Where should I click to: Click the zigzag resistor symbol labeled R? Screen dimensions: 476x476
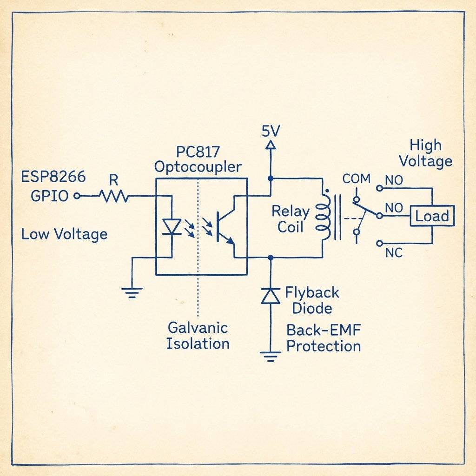click(x=114, y=197)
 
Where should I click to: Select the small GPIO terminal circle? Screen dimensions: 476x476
click(x=78, y=196)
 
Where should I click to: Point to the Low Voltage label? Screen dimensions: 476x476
click(x=64, y=234)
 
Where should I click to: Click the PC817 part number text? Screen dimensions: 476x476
click(x=198, y=152)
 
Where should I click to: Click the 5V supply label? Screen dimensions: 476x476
click(x=271, y=131)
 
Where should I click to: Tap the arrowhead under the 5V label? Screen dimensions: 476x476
click(x=270, y=145)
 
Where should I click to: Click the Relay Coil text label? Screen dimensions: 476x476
click(x=291, y=219)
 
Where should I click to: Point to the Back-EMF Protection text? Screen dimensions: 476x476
click(x=324, y=338)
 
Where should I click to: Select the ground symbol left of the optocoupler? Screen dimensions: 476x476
click(x=132, y=292)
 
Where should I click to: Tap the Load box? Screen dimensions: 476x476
click(x=432, y=216)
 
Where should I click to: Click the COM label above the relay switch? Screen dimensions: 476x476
click(x=356, y=178)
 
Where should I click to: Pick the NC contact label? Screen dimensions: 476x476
click(x=394, y=253)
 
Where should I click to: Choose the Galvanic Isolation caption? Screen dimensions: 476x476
click(x=198, y=335)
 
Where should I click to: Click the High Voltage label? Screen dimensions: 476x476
click(x=425, y=153)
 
